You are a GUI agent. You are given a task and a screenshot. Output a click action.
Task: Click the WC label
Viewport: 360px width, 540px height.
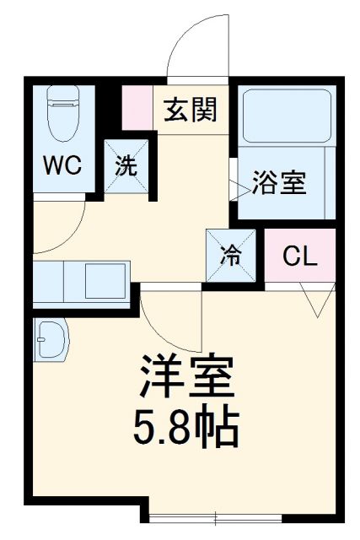click(62, 165)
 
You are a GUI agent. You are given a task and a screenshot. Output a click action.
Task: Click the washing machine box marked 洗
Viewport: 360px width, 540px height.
click(126, 165)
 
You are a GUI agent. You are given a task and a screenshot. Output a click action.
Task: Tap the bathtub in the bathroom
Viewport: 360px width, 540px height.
click(287, 118)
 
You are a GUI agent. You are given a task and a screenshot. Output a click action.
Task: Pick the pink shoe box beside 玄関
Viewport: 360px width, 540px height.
click(137, 108)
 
